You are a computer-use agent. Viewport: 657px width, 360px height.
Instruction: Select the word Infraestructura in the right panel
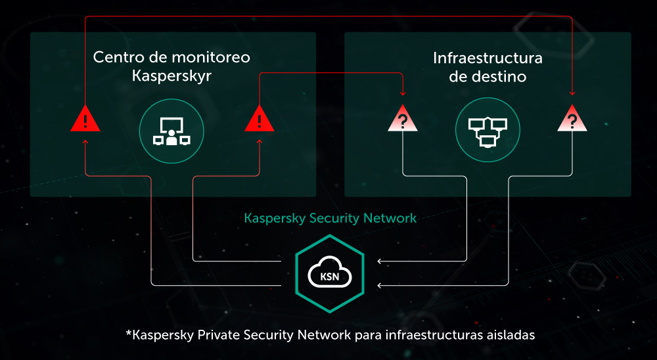tap(487, 58)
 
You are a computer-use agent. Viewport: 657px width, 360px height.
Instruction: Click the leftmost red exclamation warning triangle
tap(85, 119)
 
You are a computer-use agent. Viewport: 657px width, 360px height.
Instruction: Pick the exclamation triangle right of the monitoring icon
tap(260, 119)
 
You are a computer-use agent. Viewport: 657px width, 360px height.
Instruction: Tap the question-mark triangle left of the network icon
tap(403, 119)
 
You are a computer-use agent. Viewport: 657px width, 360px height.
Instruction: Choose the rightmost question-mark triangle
tap(572, 119)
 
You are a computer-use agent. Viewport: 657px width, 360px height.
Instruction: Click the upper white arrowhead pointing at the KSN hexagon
tap(380, 261)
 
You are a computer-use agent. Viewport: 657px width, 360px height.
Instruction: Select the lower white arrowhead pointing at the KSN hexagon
tap(380, 285)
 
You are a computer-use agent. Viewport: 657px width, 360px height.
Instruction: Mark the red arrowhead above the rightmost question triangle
tap(572, 93)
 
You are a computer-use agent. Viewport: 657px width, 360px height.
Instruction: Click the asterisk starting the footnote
tap(129, 333)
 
